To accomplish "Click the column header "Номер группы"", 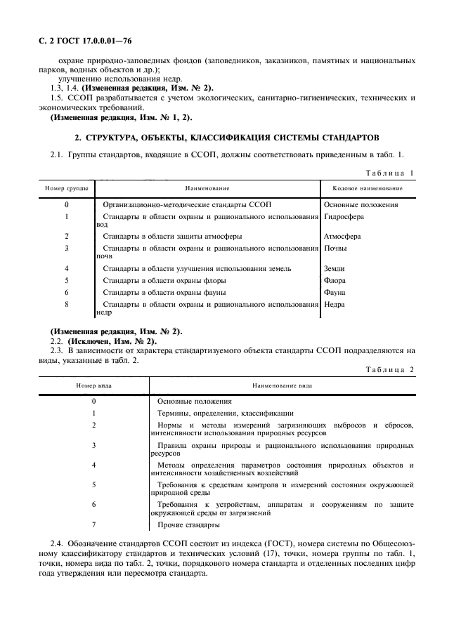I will point(67,188).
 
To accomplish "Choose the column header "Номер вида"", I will point(93,385).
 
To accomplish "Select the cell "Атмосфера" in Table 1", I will point(342,237).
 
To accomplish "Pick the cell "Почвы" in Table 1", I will point(335,248).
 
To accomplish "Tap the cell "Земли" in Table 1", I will point(335,268).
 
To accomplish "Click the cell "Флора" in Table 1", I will point(335,280).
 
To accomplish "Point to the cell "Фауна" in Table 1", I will point(335,291).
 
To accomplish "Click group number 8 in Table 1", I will point(66,303).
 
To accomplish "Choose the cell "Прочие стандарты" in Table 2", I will point(184,524).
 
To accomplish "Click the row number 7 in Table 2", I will point(93,524).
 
